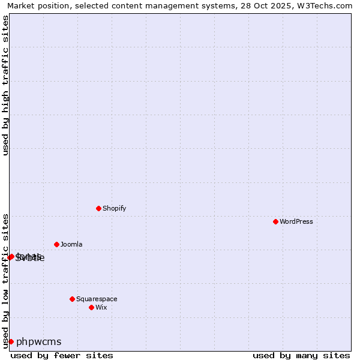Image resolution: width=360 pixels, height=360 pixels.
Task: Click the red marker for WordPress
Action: coord(275,221)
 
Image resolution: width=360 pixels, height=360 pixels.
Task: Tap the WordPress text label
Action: coord(296,221)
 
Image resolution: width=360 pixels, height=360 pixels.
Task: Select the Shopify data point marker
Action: coord(98,208)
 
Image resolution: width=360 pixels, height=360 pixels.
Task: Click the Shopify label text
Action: coord(114,208)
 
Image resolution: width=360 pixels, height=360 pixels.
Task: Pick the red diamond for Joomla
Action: coord(56,244)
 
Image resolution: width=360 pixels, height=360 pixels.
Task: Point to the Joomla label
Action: coord(71,244)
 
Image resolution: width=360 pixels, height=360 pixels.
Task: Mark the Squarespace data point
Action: coord(72,299)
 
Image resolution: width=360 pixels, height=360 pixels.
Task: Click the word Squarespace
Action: coord(97,299)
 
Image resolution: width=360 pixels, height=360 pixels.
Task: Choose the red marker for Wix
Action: coord(91,307)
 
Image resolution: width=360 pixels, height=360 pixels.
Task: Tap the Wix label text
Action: coord(101,307)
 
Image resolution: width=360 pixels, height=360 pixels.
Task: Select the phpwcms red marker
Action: coord(11,341)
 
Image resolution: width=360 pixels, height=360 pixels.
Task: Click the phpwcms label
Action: coord(39,342)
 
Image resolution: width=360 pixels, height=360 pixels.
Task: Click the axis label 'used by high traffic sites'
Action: coord(6,85)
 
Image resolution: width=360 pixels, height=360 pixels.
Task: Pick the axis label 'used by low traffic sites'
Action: coord(6,281)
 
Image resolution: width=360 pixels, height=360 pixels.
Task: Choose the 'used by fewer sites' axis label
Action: coord(62,355)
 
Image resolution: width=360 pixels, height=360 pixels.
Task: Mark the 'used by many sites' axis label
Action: coord(301,355)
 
